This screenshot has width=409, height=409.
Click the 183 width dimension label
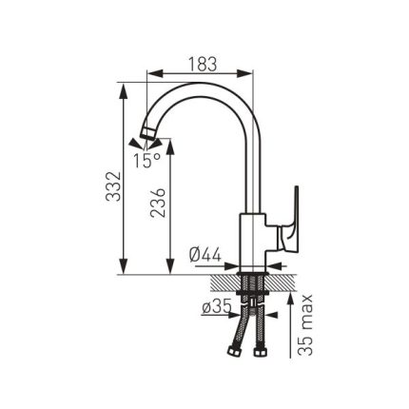tap(203, 64)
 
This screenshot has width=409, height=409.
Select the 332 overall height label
tap(113, 186)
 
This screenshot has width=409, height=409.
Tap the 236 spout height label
tap(158, 203)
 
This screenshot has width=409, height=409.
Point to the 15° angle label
tap(146, 160)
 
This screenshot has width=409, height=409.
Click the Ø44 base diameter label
tap(204, 255)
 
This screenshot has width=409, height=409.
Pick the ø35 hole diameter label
tap(217, 307)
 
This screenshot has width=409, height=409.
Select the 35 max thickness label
tap(305, 325)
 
